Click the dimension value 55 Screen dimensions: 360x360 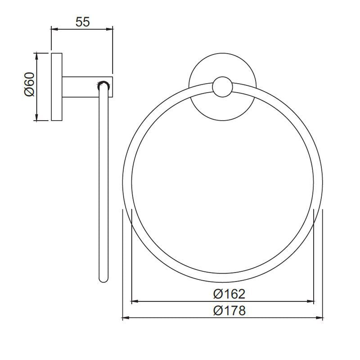82,22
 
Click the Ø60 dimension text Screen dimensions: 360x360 28,86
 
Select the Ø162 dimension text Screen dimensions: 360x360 229,294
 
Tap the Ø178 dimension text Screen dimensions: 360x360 229,310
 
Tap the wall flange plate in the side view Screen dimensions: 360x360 57,87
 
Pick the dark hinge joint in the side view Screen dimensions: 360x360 103,84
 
